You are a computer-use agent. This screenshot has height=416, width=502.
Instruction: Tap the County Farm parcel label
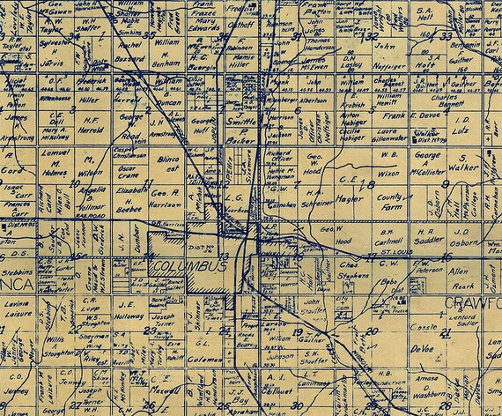pos(388,205)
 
